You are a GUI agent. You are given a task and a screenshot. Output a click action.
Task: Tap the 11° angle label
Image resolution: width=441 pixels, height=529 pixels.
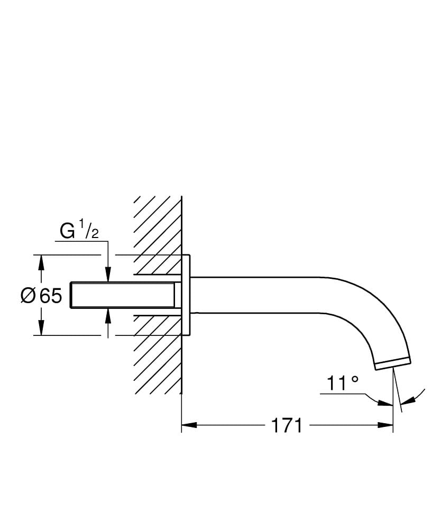pos(342,383)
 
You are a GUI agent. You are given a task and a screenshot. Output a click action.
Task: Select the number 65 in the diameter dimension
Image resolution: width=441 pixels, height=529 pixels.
pos(51,296)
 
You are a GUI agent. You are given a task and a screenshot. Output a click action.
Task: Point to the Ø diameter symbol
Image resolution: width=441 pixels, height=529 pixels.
pos(28,296)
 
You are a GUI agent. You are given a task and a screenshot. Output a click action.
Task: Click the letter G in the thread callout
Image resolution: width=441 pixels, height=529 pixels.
pos(68,232)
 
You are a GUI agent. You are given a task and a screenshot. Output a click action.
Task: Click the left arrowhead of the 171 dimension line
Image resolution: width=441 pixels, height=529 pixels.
pos(189,425)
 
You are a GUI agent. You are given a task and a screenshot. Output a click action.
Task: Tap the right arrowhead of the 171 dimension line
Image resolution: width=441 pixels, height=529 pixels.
pos(385,425)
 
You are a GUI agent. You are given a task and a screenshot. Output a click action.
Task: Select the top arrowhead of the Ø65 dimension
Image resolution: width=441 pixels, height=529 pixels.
pos(41,262)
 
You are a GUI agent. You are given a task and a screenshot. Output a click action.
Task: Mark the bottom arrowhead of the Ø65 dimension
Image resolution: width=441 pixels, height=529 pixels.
pos(41,329)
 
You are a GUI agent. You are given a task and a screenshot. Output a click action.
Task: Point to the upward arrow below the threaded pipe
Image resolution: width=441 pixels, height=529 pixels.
pos(108,315)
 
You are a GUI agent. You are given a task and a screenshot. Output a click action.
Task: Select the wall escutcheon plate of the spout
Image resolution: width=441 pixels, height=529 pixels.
pos(186,295)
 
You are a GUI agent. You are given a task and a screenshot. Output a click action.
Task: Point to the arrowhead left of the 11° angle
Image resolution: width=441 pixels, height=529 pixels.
pos(385,404)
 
